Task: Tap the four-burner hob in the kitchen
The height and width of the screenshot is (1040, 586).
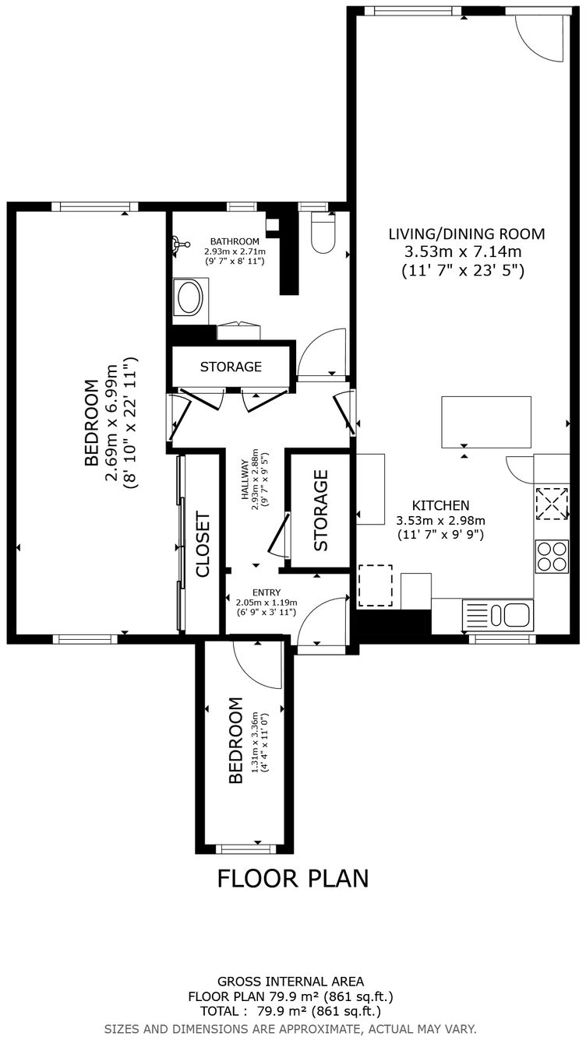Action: pos(552,557)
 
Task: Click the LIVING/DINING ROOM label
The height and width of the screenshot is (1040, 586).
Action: pos(466,234)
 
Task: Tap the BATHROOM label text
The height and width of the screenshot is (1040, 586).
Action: pos(235,241)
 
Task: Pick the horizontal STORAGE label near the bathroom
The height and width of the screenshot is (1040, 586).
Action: pos(231,367)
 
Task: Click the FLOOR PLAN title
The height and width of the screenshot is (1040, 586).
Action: pos(292,878)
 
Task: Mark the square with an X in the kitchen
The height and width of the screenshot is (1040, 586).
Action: pos(552,502)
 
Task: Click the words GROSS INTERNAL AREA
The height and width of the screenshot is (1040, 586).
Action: pos(291,982)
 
